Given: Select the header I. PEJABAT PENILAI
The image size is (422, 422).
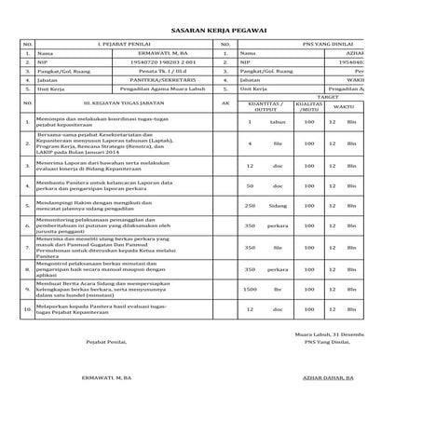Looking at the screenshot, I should coord(122,44).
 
